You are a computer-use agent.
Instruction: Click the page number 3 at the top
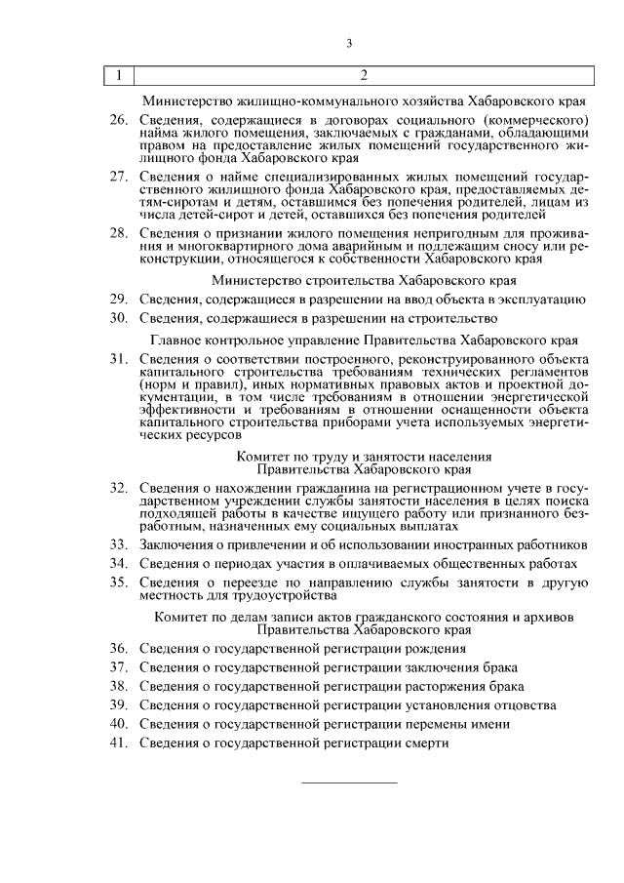click(x=348, y=42)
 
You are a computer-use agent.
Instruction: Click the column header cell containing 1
click(x=118, y=76)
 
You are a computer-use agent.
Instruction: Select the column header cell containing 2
click(x=363, y=76)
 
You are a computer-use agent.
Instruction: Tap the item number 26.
click(x=118, y=119)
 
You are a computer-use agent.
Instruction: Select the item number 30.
click(x=118, y=318)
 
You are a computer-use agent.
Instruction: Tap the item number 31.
click(x=118, y=361)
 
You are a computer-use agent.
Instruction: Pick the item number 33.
click(x=118, y=543)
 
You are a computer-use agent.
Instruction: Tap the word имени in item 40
click(x=491, y=724)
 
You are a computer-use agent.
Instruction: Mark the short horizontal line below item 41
click(x=348, y=782)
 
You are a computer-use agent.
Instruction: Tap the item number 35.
click(x=118, y=582)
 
